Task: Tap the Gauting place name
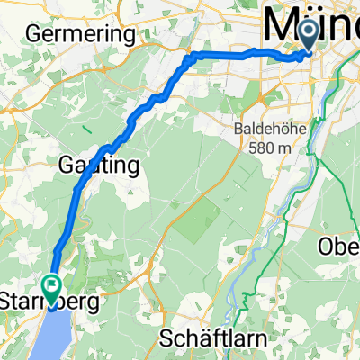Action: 99,166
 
